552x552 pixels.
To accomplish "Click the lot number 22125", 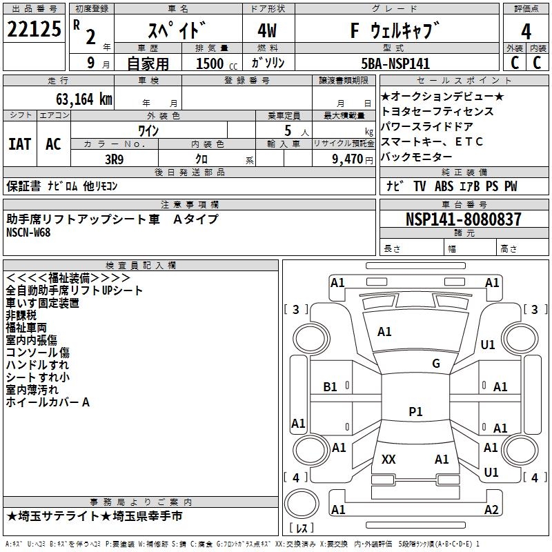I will pos(34,30).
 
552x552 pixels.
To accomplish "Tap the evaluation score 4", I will pos(526,32).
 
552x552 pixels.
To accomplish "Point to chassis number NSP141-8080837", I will pos(463,220).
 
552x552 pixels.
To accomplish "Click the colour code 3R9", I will pos(115,158).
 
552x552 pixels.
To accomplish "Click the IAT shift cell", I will pos(19,144).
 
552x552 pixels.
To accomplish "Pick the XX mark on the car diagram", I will pos(388,459).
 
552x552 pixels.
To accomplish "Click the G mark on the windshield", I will pos(435,364).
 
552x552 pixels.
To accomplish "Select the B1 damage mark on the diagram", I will pos(331,387).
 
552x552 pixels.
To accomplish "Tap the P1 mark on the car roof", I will pos(415,411).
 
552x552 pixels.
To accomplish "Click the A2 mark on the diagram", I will pos(491,510).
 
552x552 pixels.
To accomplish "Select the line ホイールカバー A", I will pos(48,402).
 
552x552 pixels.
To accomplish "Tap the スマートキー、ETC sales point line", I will pos(432,141).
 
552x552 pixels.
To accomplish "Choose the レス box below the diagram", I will pos(302,529).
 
